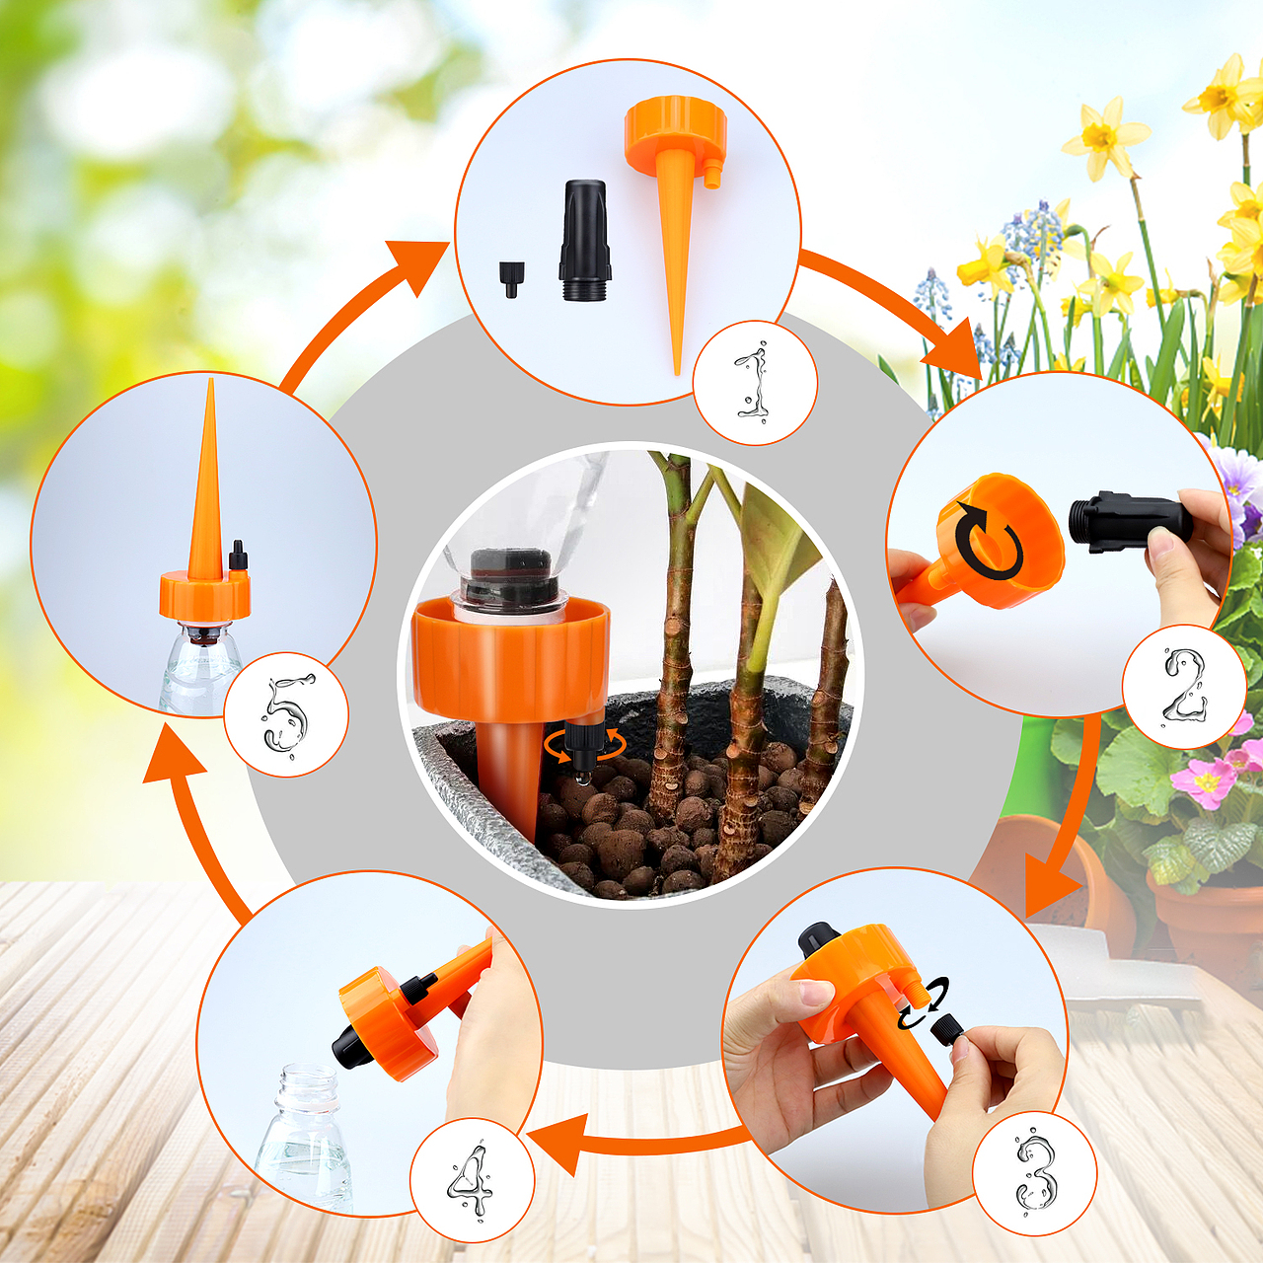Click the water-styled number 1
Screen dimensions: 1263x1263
(x=754, y=384)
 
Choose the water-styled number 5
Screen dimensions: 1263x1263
(x=285, y=715)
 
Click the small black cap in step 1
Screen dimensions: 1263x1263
(x=511, y=280)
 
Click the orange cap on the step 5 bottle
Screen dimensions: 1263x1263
(x=205, y=592)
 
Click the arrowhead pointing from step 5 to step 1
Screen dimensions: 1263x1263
(x=416, y=266)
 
